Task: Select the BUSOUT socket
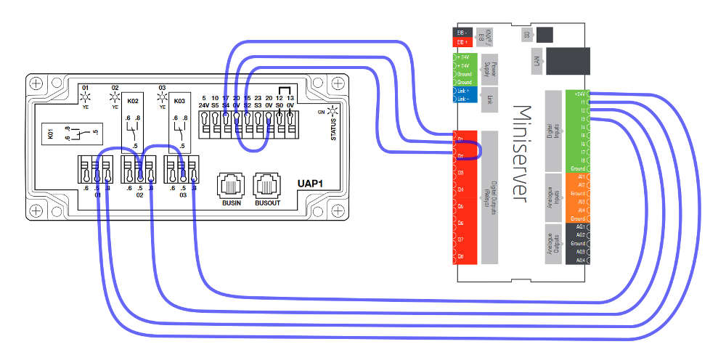(x=266, y=185)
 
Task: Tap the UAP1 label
(x=310, y=184)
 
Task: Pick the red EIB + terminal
(x=464, y=42)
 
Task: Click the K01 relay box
(x=70, y=134)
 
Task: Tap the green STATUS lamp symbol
(x=333, y=112)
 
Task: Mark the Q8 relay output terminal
(x=465, y=255)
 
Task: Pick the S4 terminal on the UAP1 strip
(x=227, y=128)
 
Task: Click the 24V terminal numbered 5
(x=205, y=128)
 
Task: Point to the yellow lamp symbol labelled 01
(x=85, y=97)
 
